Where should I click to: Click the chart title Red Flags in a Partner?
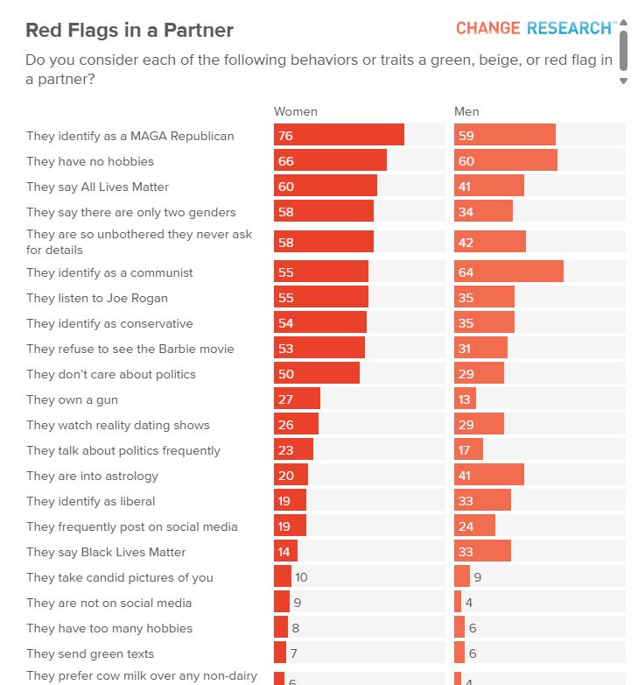point(130,31)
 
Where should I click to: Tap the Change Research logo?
point(535,28)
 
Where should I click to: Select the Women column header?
point(296,111)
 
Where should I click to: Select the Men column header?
point(466,111)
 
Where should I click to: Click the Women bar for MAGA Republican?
point(339,135)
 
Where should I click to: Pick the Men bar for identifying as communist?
point(508,272)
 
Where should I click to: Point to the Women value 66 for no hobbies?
point(285,161)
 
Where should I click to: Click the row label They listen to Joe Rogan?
point(97,298)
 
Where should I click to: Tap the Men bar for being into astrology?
point(488,476)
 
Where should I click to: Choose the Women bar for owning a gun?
point(297,399)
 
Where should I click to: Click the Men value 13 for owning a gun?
point(465,399)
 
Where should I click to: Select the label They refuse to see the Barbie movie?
point(130,349)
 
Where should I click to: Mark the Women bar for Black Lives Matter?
point(285,552)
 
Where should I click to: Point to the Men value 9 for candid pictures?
point(477,577)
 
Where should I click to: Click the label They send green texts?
point(90,653)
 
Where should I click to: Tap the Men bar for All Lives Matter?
point(488,187)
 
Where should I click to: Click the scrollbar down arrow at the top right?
point(623,81)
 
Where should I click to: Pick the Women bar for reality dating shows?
point(296,425)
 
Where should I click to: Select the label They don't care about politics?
point(111,374)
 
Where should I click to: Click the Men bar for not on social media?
point(458,603)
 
